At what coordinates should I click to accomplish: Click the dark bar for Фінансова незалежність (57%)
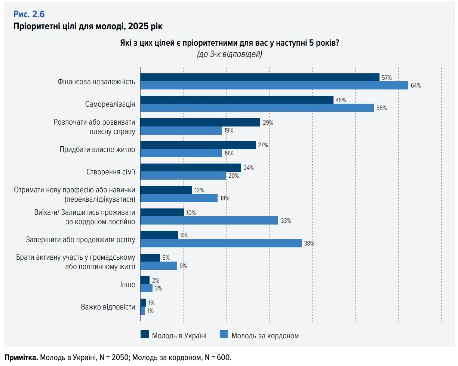(x=260, y=77)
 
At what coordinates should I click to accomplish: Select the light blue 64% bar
(x=274, y=85)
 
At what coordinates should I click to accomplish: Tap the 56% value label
(x=381, y=108)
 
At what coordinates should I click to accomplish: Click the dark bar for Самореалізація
(x=237, y=100)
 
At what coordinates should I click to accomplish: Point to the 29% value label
(x=268, y=123)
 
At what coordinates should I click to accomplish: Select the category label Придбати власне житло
(x=97, y=149)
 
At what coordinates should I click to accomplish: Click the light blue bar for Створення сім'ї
(x=183, y=176)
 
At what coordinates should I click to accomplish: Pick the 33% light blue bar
(x=209, y=220)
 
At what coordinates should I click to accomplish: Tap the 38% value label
(x=309, y=244)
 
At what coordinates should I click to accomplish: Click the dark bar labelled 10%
(x=162, y=213)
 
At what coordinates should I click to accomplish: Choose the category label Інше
(x=128, y=284)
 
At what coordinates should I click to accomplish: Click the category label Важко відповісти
(x=108, y=307)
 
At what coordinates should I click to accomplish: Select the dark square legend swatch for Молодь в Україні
(x=145, y=335)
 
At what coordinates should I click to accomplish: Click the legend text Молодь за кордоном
(x=265, y=336)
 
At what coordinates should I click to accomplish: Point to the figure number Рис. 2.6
(x=29, y=14)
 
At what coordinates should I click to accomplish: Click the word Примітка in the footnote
(x=21, y=357)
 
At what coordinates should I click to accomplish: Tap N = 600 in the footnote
(x=218, y=357)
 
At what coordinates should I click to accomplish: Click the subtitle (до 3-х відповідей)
(x=229, y=54)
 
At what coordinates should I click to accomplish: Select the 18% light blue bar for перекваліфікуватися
(x=179, y=198)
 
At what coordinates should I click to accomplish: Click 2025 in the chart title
(x=136, y=27)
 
